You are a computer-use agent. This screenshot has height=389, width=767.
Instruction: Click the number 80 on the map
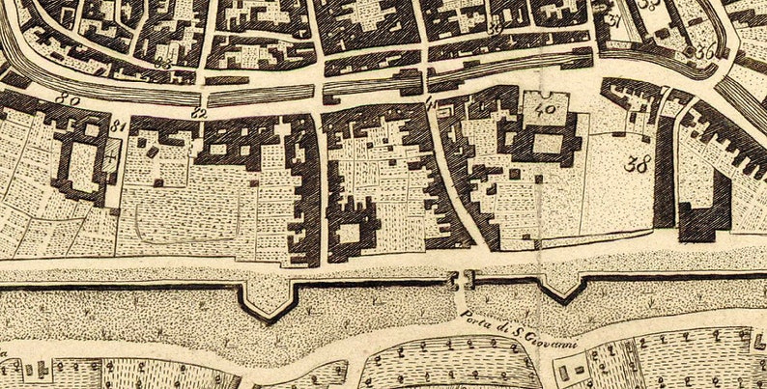click(67, 97)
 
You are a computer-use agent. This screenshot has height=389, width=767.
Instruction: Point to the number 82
click(199, 113)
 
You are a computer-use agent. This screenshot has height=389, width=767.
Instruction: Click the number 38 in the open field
click(636, 163)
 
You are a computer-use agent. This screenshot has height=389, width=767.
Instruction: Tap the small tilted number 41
click(431, 103)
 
